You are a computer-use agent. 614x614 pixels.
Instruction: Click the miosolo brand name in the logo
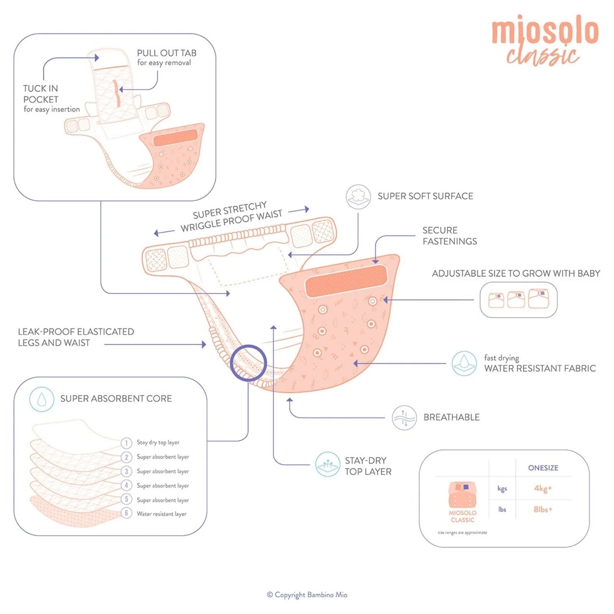click(x=545, y=31)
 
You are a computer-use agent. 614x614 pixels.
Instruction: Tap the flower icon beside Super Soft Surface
click(x=358, y=196)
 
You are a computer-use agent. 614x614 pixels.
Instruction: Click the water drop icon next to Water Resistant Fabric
click(x=464, y=363)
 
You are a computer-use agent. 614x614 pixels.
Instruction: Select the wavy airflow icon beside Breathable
click(x=404, y=417)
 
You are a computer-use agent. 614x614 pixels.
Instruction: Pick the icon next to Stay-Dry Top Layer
click(x=327, y=464)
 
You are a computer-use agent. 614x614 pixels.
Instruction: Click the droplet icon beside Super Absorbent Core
click(x=41, y=399)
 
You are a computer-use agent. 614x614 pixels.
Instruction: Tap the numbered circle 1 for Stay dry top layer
click(x=126, y=443)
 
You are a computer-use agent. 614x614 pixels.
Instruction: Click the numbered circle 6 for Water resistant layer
click(x=126, y=513)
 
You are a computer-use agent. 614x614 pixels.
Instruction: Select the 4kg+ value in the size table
click(x=543, y=489)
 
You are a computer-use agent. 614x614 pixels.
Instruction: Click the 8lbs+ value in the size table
click(x=543, y=510)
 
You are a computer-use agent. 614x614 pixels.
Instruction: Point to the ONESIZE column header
click(x=543, y=468)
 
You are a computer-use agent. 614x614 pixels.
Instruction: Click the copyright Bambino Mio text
click(x=307, y=595)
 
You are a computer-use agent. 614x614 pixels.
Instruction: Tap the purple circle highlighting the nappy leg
click(x=248, y=363)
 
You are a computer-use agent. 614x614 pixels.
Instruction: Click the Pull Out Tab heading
click(x=167, y=53)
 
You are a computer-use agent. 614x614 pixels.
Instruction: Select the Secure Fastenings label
click(x=449, y=236)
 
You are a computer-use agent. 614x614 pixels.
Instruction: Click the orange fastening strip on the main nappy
click(x=346, y=281)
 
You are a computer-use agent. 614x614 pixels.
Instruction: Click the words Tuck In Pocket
click(x=41, y=94)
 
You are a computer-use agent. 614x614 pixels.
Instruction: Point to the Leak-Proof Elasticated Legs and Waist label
click(x=76, y=337)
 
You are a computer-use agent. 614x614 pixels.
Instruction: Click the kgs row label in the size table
click(x=502, y=489)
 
